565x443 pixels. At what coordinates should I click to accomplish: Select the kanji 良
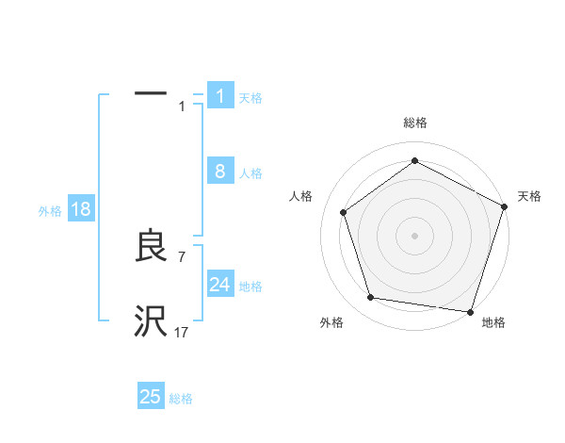click(151, 246)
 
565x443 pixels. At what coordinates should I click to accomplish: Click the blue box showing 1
click(220, 96)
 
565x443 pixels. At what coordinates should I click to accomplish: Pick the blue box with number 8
click(220, 172)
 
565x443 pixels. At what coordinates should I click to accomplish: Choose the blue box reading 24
click(220, 285)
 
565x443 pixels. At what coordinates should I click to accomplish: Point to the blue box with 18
click(81, 209)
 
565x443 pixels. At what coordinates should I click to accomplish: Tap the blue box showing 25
click(151, 397)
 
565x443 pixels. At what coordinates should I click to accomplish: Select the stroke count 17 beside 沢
click(182, 332)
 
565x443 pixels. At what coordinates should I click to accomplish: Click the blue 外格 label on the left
click(50, 211)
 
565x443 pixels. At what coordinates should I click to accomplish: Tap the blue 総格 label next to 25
click(181, 399)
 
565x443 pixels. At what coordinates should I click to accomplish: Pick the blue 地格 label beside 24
click(250, 287)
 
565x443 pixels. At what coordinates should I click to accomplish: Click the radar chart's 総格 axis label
click(415, 123)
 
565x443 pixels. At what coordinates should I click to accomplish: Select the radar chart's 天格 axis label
click(530, 196)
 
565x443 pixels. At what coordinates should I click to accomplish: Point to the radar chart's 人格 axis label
click(301, 196)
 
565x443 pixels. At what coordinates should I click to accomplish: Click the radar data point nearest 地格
click(470, 311)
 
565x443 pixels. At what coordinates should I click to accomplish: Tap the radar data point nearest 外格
click(371, 298)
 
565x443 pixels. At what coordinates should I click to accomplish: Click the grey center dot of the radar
click(415, 235)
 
